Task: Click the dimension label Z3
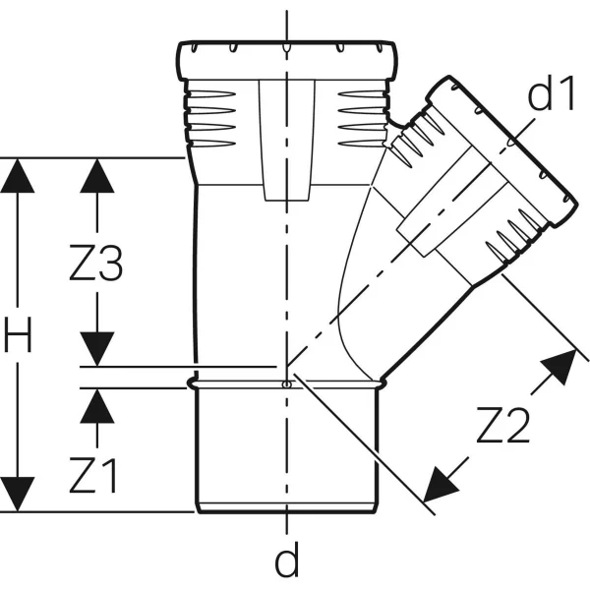pyautogui.click(x=96, y=263)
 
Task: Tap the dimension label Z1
pyautogui.click(x=93, y=475)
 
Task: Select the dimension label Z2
pyautogui.click(x=503, y=425)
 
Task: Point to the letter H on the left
pyautogui.click(x=18, y=334)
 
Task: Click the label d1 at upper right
pyautogui.click(x=552, y=92)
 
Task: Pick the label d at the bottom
pyautogui.click(x=287, y=560)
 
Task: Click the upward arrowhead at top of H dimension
pyautogui.click(x=18, y=176)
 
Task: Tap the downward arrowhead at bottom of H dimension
pyautogui.click(x=18, y=495)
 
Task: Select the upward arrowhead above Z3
pyautogui.click(x=97, y=176)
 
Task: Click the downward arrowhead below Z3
pyautogui.click(x=97, y=349)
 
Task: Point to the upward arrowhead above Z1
pyautogui.click(x=97, y=405)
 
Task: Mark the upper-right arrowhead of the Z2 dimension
pyautogui.click(x=560, y=366)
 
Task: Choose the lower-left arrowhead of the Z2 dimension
pyautogui.click(x=440, y=486)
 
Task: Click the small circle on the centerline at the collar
pyautogui.click(x=287, y=384)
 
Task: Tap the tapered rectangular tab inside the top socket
pyautogui.click(x=287, y=140)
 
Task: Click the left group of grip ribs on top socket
pyautogui.click(x=211, y=119)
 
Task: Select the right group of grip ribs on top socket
pyautogui.click(x=362, y=119)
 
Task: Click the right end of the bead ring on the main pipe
pyautogui.click(x=382, y=383)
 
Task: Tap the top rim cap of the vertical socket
pyautogui.click(x=287, y=59)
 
